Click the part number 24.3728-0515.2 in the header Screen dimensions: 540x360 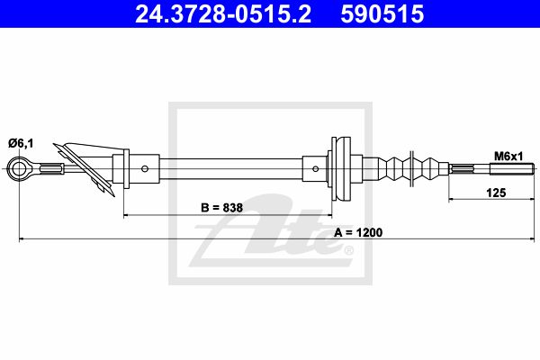(223, 14)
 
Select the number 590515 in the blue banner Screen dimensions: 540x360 (382, 14)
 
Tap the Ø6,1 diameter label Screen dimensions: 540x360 (22, 143)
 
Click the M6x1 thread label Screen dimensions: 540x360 (508, 157)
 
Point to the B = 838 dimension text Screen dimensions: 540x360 (221, 207)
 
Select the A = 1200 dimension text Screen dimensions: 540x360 (358, 232)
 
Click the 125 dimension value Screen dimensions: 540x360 (496, 193)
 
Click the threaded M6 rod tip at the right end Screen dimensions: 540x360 (512, 169)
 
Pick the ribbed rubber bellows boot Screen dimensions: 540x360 (413, 169)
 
